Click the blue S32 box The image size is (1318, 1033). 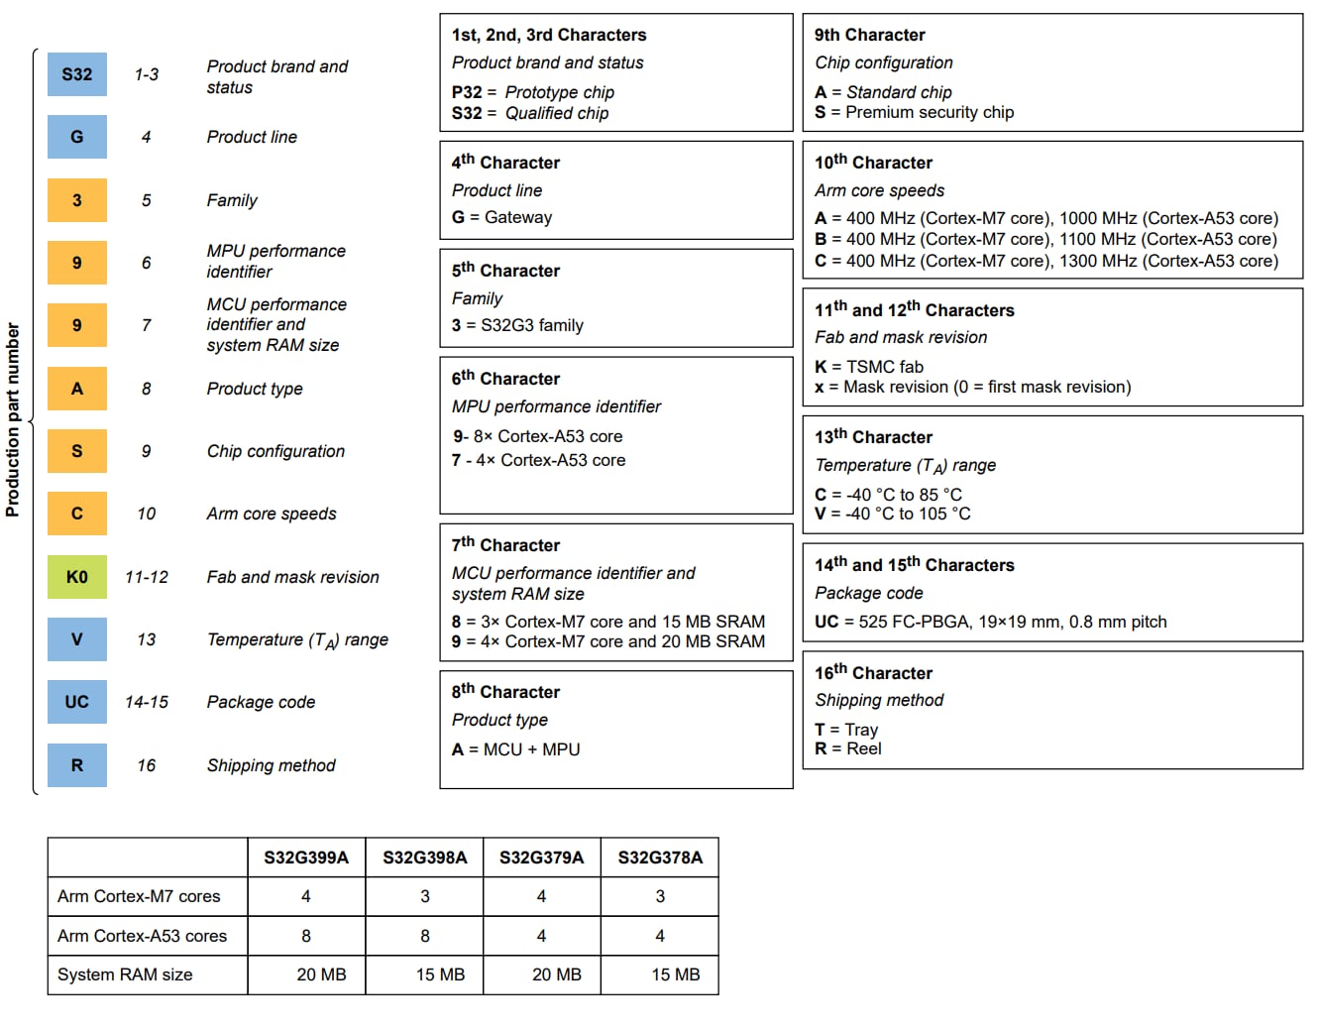(77, 74)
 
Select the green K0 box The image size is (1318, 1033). (77, 577)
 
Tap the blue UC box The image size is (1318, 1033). (77, 702)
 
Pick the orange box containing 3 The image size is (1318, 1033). (77, 200)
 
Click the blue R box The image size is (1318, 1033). (77, 765)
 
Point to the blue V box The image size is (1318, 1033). (77, 639)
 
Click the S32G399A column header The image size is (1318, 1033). (306, 858)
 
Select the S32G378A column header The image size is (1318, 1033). (660, 858)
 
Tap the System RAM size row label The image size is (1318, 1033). (125, 975)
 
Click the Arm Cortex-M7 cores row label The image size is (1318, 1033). (139, 896)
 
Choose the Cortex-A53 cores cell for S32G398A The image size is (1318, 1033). (425, 936)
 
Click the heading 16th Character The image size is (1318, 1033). (873, 673)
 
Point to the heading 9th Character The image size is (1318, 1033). (869, 35)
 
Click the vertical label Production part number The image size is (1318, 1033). (13, 419)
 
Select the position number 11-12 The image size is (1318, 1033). (147, 577)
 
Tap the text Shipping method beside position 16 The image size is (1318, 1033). (271, 765)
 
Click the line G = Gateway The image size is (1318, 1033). (501, 217)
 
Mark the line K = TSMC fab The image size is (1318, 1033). (868, 367)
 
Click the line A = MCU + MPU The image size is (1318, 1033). (515, 749)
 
